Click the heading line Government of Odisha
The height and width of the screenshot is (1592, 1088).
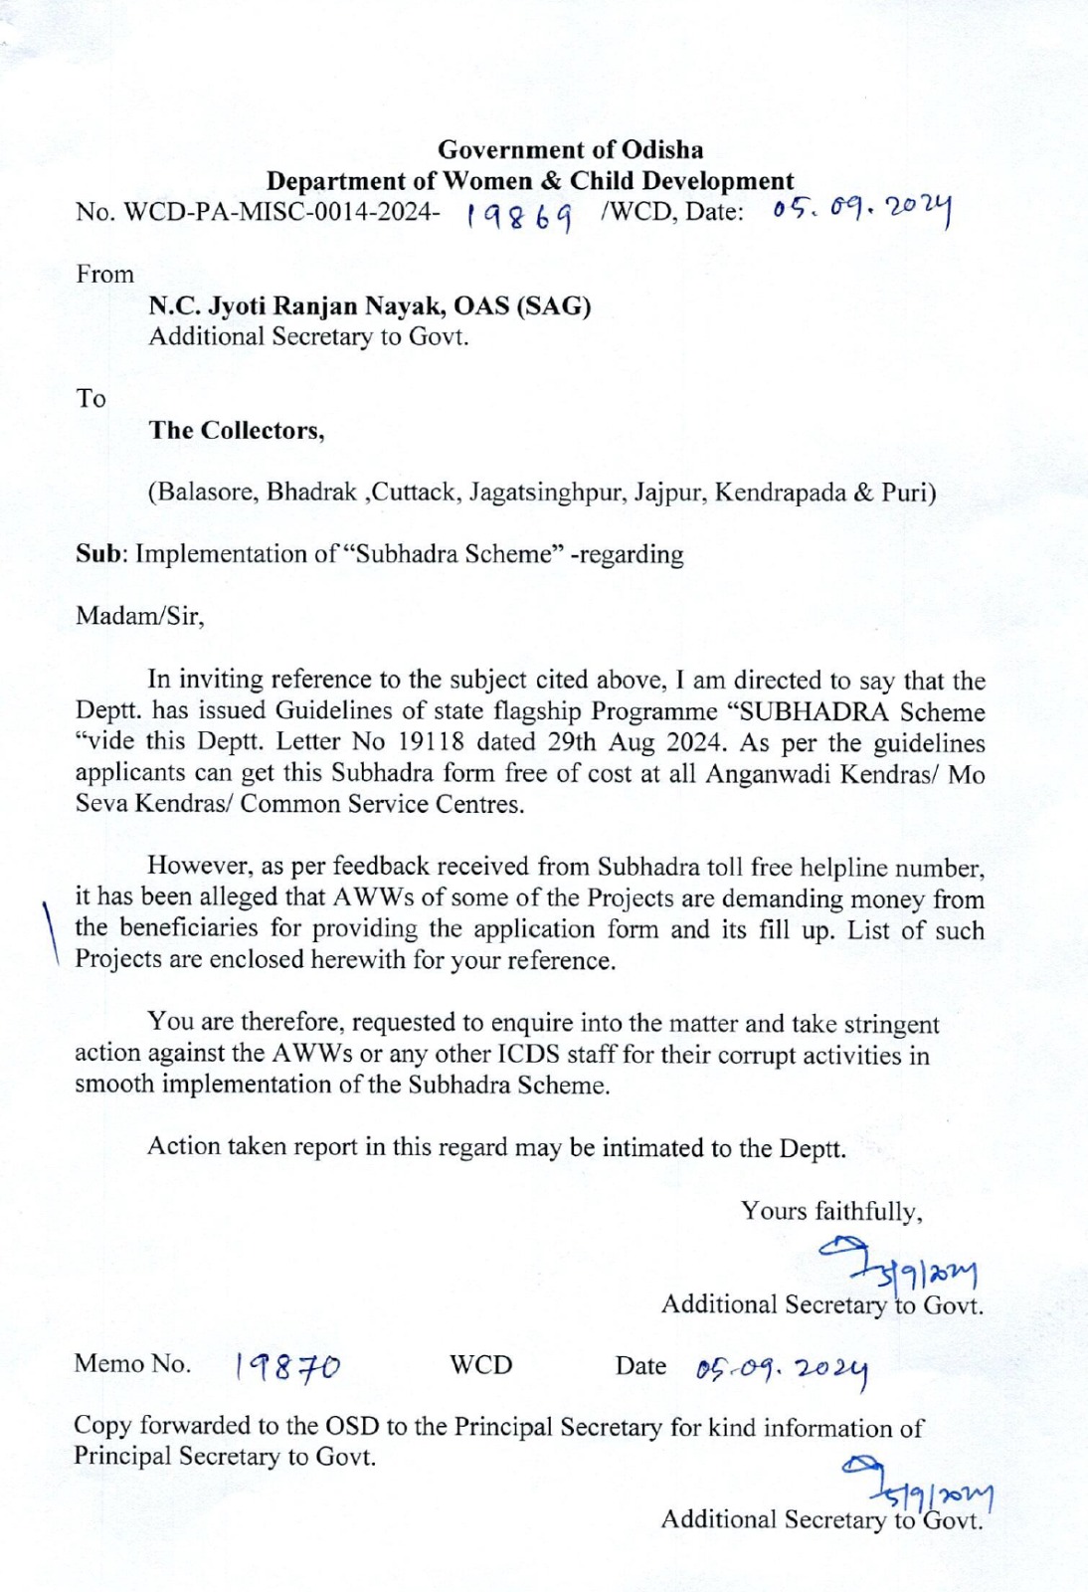[x=570, y=150]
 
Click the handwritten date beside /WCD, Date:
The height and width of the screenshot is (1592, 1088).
[x=860, y=211]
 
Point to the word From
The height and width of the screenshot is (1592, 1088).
[x=104, y=275]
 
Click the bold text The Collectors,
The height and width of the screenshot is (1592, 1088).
[x=237, y=430]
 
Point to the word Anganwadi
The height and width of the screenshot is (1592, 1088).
[x=767, y=774]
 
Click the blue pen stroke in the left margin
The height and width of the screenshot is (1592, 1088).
[x=51, y=931]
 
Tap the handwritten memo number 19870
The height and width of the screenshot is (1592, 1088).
[x=287, y=1368]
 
